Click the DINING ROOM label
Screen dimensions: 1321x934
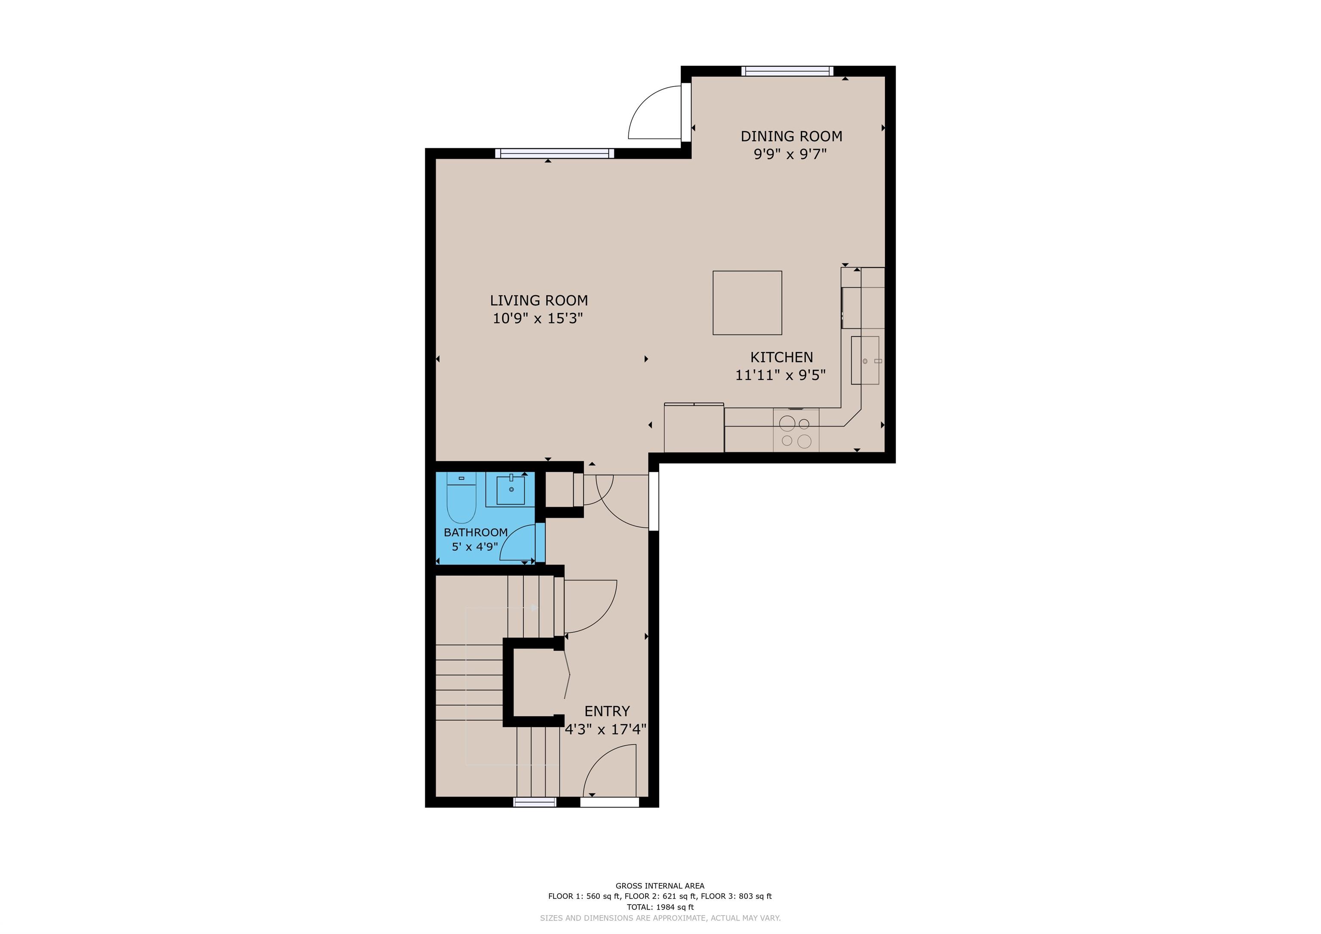[x=791, y=136]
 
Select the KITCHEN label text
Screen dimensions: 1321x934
[x=781, y=357]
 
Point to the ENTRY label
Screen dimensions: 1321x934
[x=607, y=711]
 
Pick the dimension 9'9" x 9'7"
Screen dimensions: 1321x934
[x=790, y=154]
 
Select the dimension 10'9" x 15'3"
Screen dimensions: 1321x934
[x=538, y=318]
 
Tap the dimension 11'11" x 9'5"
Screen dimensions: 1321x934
[x=780, y=375]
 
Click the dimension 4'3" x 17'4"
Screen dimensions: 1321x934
[x=606, y=730]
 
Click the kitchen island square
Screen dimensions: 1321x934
[x=747, y=303]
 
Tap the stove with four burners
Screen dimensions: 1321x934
[x=796, y=430]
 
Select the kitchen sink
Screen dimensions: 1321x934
[x=865, y=360]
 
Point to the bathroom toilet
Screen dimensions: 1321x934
[x=461, y=497]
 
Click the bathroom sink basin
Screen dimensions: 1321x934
[x=511, y=490]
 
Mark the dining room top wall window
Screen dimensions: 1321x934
[x=786, y=71]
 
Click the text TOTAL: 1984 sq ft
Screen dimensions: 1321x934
[x=660, y=907]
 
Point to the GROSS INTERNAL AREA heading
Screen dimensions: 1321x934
[x=660, y=886]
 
